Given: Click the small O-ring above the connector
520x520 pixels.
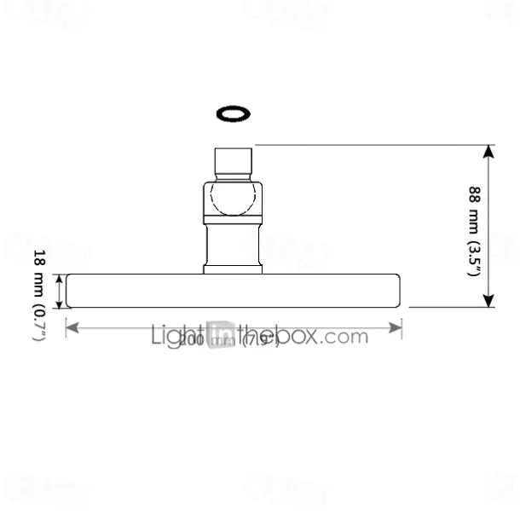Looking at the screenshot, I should (233, 113).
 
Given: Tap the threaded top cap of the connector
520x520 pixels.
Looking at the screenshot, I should (233, 162).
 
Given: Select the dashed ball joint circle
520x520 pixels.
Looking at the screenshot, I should (233, 199).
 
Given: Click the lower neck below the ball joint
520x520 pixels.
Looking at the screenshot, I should (233, 244).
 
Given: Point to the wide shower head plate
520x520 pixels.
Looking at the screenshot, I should (233, 291).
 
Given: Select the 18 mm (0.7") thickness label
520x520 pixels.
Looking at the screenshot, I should (38, 295).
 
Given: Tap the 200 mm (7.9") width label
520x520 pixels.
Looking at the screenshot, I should (222, 338).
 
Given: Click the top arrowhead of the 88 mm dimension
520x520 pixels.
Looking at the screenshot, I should (488, 152).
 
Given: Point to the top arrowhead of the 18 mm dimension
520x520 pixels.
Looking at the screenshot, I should (60, 279).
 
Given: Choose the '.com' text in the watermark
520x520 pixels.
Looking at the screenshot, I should (345, 335).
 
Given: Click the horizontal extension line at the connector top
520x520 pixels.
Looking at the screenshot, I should (367, 145).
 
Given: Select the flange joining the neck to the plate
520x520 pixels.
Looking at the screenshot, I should (233, 270).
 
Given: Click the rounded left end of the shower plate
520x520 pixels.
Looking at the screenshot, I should (69, 291).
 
